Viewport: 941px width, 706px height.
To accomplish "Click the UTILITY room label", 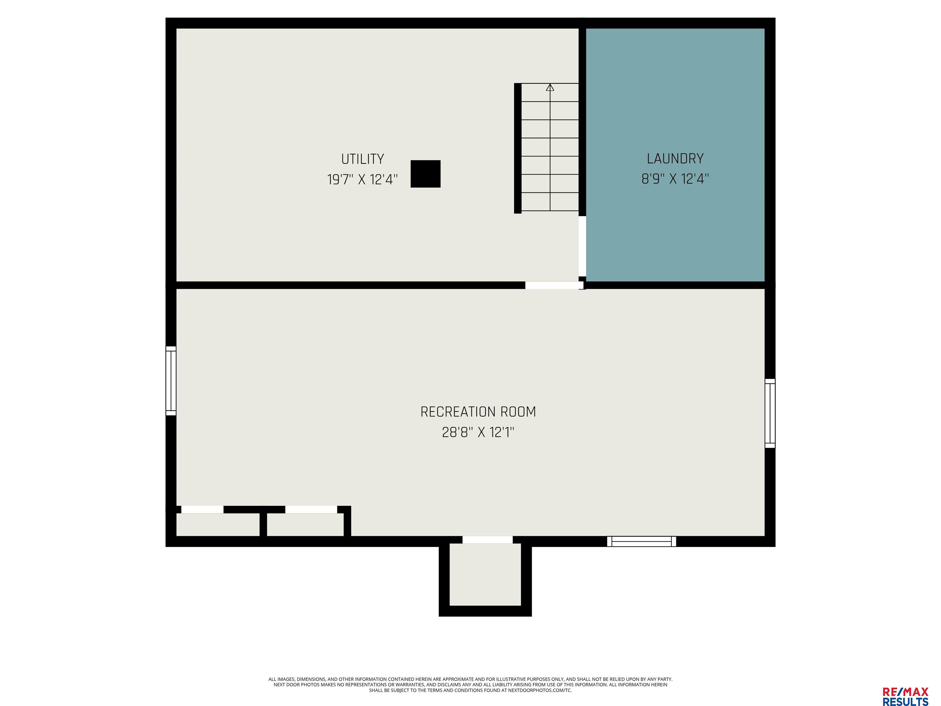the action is click(362, 159).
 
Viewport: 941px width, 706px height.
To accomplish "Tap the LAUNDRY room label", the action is click(675, 159).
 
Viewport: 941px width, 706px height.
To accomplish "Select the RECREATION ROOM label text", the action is click(478, 412).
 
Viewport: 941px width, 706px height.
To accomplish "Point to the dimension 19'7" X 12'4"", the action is click(362, 180).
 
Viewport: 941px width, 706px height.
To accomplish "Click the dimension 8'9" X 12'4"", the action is click(675, 179).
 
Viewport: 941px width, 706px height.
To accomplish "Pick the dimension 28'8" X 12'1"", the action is click(478, 432).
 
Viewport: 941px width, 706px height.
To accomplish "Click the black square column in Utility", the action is click(425, 174).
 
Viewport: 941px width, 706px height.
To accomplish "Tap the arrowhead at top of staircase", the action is click(550, 87).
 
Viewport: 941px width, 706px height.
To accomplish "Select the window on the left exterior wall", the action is click(171, 381).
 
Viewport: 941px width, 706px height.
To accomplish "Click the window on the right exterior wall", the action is click(770, 413).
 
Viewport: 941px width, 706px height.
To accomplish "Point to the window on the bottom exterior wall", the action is click(641, 541).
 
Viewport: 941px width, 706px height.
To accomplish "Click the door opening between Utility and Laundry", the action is click(582, 246).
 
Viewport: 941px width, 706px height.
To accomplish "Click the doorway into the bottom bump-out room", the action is click(488, 540).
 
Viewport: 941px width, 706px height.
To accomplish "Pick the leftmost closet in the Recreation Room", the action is click(218, 525).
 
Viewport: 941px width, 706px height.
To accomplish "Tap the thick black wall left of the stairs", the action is click(518, 148).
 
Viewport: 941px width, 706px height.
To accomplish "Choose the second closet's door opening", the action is click(311, 509).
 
